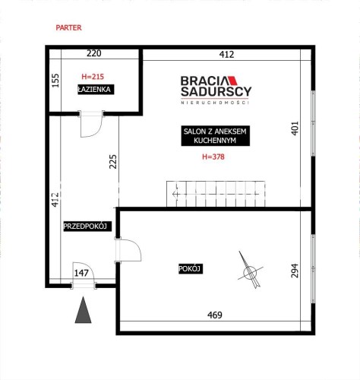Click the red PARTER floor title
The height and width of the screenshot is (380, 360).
point(68,27)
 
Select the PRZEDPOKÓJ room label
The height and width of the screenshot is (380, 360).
point(87,226)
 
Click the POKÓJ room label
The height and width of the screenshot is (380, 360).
point(191,269)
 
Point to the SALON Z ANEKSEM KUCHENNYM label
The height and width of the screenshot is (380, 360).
point(215,136)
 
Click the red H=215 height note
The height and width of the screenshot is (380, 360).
point(93,77)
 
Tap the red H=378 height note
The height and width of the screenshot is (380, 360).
point(213,157)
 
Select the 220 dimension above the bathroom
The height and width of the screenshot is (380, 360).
point(94,53)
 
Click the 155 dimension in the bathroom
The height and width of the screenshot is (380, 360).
point(55,81)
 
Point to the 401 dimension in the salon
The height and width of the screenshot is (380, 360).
point(295,128)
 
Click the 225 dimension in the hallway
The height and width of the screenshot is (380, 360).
point(113,162)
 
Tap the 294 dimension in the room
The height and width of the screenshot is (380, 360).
point(295,271)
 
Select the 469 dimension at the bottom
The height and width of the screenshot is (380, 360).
point(215,315)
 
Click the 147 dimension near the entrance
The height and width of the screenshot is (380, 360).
point(81,273)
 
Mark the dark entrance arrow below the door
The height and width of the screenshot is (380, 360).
point(83,310)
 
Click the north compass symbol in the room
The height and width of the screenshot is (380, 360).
point(251,271)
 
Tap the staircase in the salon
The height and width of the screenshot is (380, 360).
point(216,194)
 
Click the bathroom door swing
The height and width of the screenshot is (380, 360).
point(91,124)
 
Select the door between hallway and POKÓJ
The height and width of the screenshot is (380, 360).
point(128,250)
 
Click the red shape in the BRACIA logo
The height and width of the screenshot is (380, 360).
point(232,81)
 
